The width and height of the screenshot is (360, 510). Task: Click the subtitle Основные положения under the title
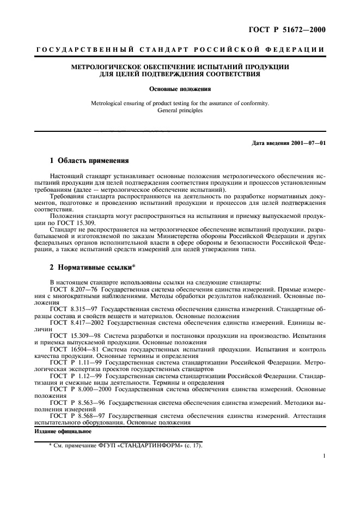coord(180,88)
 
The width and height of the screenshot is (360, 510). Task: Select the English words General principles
coord(180,110)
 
